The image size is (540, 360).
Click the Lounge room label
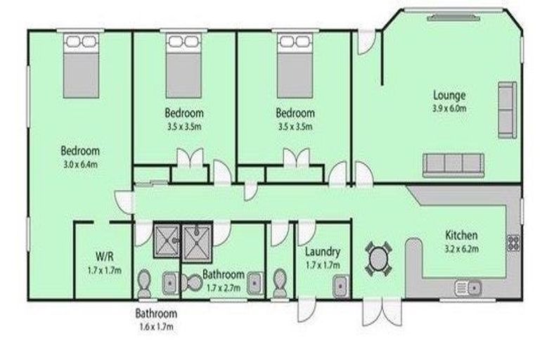[x=449, y=95]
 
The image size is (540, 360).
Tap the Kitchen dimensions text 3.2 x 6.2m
[x=461, y=249]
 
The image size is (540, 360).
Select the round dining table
[x=378, y=258]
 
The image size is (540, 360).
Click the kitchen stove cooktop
[x=513, y=243]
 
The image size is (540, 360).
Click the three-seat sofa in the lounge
[x=454, y=165]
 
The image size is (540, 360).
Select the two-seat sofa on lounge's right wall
[x=507, y=110]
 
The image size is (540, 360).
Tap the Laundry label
[x=322, y=252]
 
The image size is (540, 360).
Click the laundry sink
[x=341, y=286]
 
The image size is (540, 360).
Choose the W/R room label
[x=104, y=257]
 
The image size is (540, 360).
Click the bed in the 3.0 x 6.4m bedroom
[x=81, y=65]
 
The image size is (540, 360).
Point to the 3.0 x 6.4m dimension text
[x=81, y=165]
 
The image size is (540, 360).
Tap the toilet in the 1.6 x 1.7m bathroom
[x=144, y=283]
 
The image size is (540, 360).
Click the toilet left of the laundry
[x=280, y=283]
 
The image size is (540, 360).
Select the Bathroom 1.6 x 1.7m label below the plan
[x=156, y=320]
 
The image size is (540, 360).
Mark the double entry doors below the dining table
[x=382, y=311]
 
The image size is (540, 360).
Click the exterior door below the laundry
[x=307, y=310]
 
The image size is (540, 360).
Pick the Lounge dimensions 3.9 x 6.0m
[x=449, y=108]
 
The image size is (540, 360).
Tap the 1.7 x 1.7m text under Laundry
[x=323, y=265]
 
